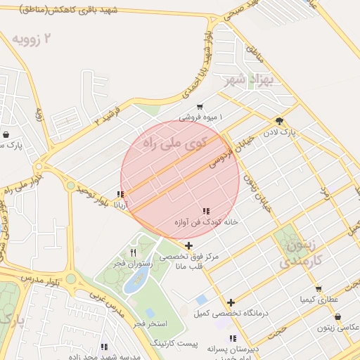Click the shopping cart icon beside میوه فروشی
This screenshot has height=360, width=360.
(200, 107)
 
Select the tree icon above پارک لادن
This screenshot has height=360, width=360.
(280, 121)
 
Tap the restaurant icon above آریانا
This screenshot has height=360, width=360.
(122, 194)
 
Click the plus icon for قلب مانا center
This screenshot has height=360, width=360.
(188, 246)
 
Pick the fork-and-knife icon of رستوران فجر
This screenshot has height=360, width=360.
(133, 252)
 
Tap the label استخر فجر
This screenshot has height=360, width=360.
(150, 323)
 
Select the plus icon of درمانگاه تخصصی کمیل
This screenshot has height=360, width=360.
(231, 302)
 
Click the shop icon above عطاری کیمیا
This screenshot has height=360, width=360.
(319, 289)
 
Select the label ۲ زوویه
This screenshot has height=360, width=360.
(58, 38)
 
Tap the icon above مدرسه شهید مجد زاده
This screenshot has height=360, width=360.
(104, 346)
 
